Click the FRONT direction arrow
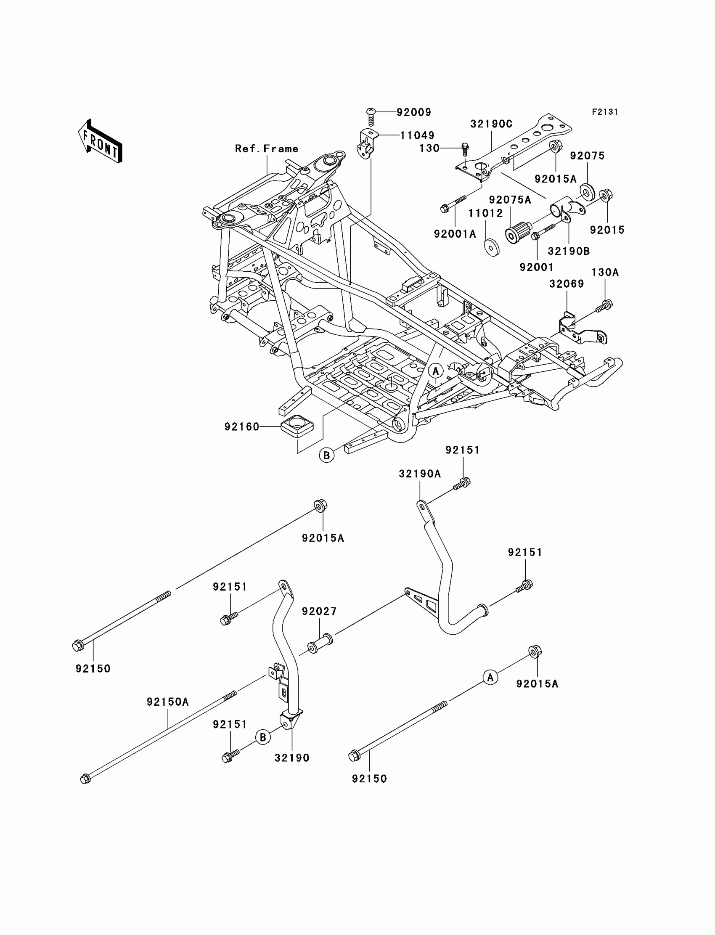100,142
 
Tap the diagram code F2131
605,112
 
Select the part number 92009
414,112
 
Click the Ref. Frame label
266,148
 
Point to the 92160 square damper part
297,425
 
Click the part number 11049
417,135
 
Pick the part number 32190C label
491,124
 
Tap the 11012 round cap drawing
492,247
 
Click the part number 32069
567,283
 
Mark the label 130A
605,273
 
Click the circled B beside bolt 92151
263,736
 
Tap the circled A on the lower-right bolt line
490,677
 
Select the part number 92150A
168,702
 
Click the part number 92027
319,611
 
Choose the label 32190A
420,474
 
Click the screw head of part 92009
370,112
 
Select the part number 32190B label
569,251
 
